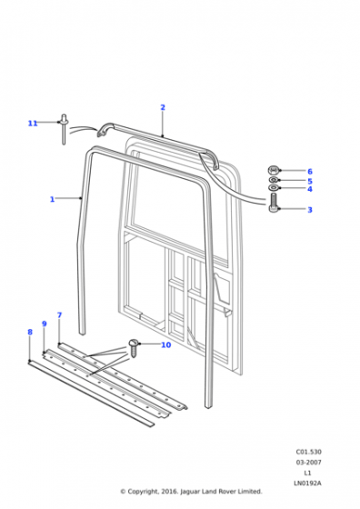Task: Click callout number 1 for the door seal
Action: [52, 199]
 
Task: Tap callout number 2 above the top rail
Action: [163, 107]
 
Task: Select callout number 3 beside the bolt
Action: [310, 210]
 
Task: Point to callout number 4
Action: [310, 189]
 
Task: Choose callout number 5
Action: [310, 181]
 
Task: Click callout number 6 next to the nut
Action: [310, 172]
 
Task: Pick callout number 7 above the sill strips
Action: [59, 315]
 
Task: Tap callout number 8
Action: [30, 332]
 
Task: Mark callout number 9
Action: [45, 324]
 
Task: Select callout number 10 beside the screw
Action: [165, 344]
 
